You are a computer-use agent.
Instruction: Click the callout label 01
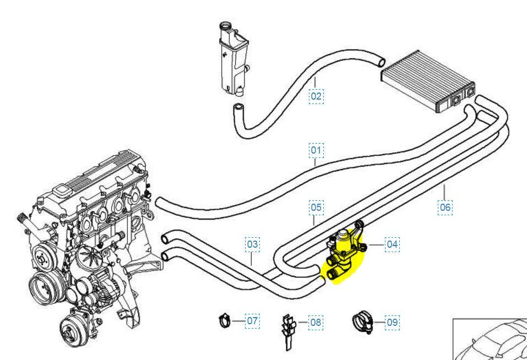pyautogui.click(x=316, y=150)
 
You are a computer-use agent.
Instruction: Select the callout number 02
pyautogui.click(x=316, y=96)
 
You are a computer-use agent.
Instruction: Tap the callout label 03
pyautogui.click(x=252, y=243)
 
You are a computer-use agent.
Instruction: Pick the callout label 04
pyautogui.click(x=392, y=243)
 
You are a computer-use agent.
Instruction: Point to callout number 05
pyautogui.click(x=316, y=208)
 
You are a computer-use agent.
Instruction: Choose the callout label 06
pyautogui.click(x=445, y=208)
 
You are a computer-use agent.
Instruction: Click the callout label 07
pyautogui.click(x=252, y=320)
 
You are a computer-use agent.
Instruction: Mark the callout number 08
pyautogui.click(x=316, y=322)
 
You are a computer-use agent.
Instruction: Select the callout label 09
pyautogui.click(x=392, y=322)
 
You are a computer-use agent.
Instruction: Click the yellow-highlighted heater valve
pyautogui.click(x=344, y=255)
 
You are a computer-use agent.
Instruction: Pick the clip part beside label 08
pyautogui.click(x=287, y=331)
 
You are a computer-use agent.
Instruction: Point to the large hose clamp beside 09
pyautogui.click(x=361, y=320)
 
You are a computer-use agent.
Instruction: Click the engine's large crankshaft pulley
pyautogui.click(x=42, y=286)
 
